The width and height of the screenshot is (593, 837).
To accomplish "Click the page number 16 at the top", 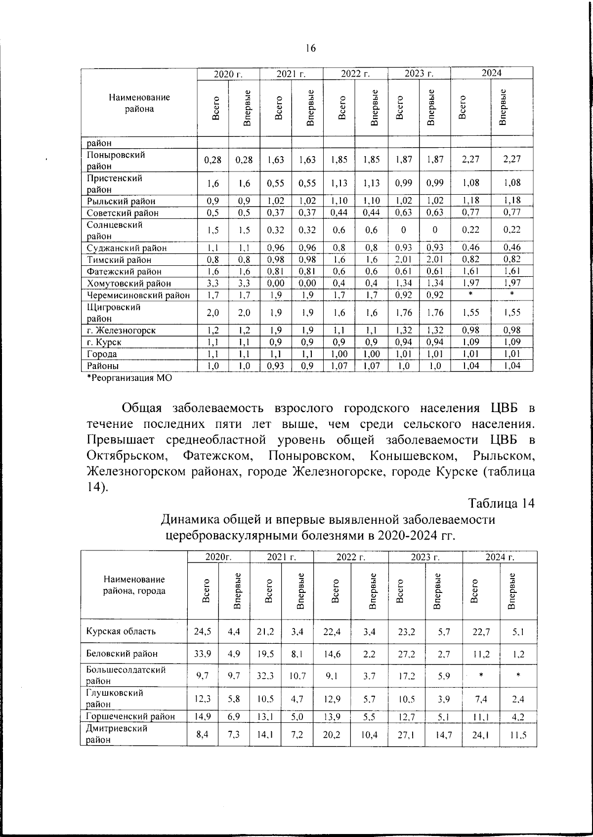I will click(310, 48).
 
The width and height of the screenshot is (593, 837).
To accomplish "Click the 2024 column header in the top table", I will click(492, 73).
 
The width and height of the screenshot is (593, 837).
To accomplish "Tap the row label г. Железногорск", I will click(121, 331).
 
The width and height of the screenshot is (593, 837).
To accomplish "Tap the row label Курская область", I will click(121, 631).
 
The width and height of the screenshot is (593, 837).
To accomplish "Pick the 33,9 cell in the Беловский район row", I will click(203, 653).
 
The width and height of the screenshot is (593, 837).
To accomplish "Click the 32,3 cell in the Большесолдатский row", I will click(266, 675).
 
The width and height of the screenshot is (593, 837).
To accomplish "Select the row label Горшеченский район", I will click(130, 716).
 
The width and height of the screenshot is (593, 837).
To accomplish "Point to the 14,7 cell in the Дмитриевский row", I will click(443, 734).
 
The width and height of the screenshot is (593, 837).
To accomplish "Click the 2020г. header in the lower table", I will click(218, 557).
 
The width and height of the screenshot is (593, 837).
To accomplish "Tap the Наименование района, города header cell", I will click(134, 585).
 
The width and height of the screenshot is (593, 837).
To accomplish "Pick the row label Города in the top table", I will click(102, 354).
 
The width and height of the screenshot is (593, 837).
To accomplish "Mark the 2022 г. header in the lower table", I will click(350, 557).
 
